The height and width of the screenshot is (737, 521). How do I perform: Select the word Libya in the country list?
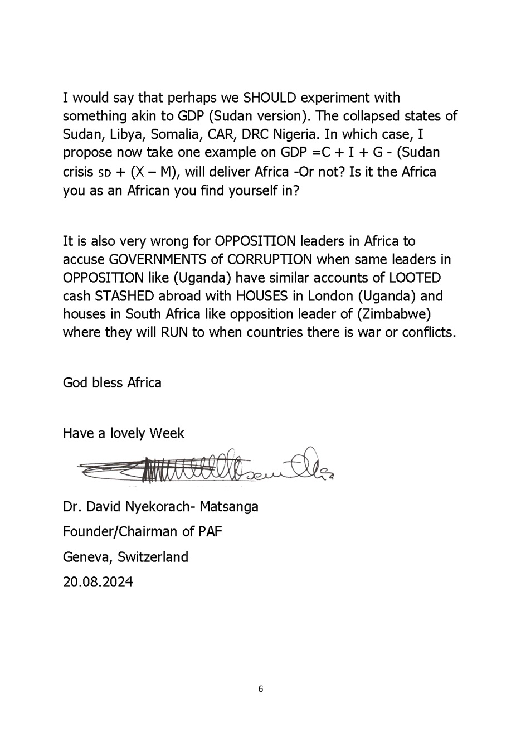click(126, 135)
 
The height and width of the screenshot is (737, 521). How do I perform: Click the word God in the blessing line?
click(74, 383)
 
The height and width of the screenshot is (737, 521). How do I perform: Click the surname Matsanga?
click(229, 507)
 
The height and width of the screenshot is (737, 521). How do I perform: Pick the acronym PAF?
click(210, 531)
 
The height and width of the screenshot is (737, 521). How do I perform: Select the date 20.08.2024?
click(98, 582)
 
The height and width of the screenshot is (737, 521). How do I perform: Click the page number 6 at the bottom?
click(260, 689)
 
